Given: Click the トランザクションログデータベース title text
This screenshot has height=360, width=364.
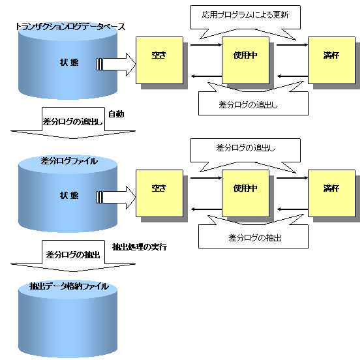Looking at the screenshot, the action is tap(70, 27).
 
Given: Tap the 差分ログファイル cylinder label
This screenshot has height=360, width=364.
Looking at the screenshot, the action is tap(69, 161).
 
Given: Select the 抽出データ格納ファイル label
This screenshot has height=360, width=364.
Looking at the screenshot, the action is tap(69, 286).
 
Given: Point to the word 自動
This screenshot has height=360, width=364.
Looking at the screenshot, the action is tap(116, 114).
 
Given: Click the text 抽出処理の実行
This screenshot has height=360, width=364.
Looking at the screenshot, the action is tap(140, 247).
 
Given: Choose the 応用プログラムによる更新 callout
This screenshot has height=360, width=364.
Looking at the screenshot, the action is tap(245, 18).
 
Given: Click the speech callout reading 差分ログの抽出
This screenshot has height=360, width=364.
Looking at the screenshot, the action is tap(253, 234).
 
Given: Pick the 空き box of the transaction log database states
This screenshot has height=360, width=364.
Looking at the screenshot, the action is tap(159, 60).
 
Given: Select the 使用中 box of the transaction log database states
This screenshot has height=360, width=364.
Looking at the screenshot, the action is tap(246, 60).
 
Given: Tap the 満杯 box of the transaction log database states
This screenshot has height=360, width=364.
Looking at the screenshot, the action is tap(331, 60).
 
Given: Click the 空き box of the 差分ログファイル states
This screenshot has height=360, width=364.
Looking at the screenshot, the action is tap(159, 193).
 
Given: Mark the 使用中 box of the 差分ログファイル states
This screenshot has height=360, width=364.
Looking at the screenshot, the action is tap(246, 193).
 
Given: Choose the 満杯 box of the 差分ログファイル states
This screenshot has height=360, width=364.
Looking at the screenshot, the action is tap(331, 193).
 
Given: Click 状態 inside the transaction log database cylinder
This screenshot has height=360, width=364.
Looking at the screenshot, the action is tap(69, 63).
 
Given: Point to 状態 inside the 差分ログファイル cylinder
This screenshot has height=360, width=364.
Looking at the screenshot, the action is tap(69, 196).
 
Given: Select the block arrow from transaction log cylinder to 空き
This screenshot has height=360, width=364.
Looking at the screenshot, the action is tap(116, 65).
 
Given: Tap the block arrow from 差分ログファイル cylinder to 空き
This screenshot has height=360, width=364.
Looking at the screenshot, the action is tap(116, 198).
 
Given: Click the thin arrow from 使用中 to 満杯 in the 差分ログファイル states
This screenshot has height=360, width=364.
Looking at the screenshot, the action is tap(292, 178).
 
